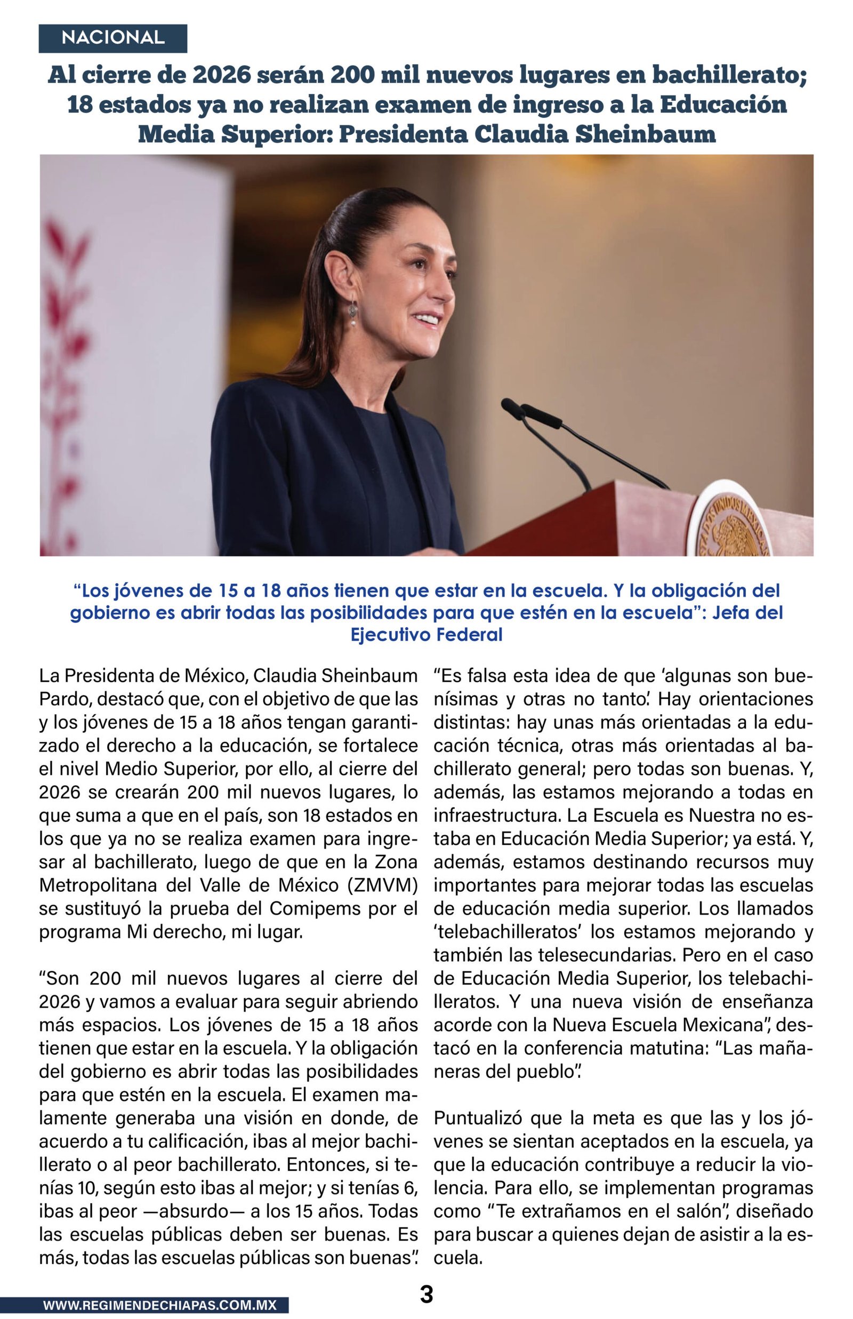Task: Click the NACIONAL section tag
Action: pos(112,38)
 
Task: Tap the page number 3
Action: pos(426,1294)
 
